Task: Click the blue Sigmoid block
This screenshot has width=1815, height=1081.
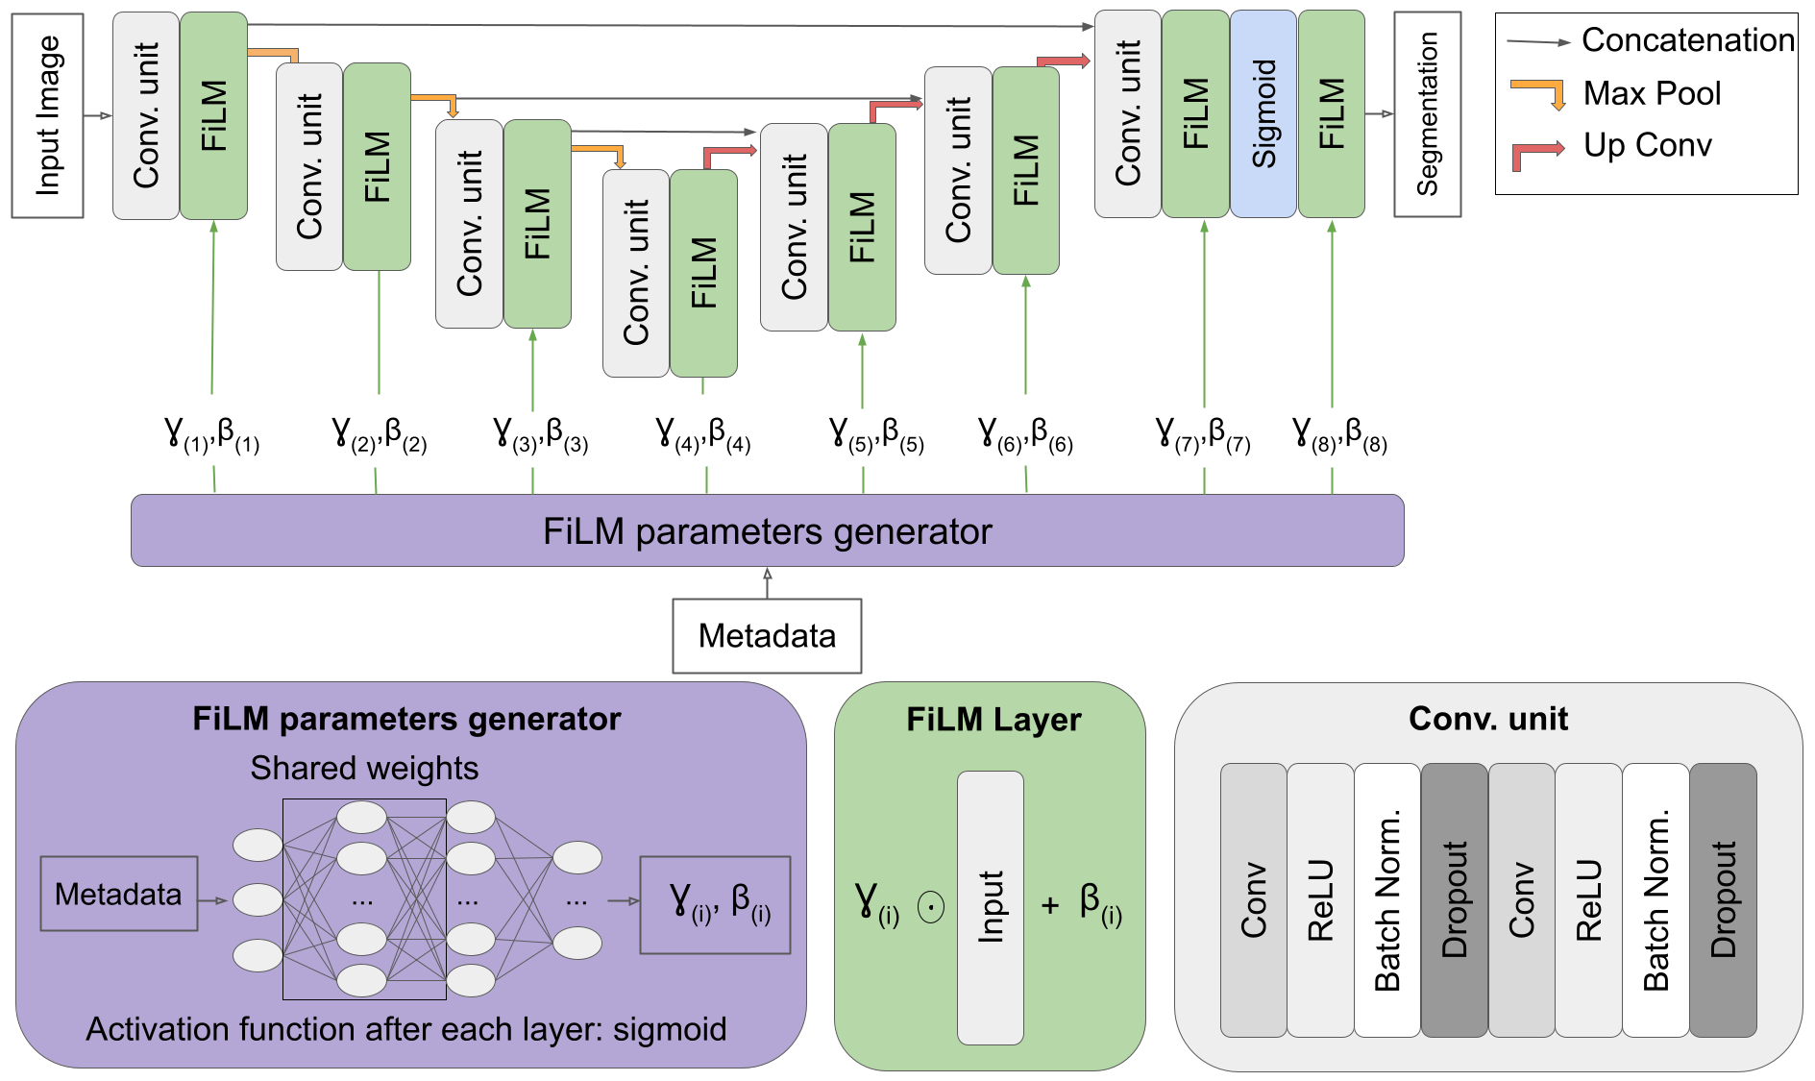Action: tap(1263, 113)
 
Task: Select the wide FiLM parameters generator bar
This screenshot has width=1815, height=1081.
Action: tap(767, 530)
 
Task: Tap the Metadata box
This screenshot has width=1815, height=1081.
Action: tap(118, 894)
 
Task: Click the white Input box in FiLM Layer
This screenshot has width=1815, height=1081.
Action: tap(990, 907)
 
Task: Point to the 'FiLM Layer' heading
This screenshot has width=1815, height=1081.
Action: tap(993, 720)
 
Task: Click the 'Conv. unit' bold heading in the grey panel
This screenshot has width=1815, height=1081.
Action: tap(1487, 719)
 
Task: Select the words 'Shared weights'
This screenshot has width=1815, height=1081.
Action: tap(364, 769)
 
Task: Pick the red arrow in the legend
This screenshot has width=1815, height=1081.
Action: tap(1537, 154)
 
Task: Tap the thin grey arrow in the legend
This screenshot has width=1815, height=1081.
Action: tap(1538, 42)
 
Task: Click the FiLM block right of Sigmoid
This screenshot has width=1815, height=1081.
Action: tap(1331, 113)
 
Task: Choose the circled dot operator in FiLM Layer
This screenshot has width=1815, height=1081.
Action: tap(931, 906)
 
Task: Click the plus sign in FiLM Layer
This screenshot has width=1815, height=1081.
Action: tap(1050, 905)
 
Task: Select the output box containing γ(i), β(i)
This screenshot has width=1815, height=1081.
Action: tap(715, 904)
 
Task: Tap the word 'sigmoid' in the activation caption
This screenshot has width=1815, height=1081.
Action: tap(670, 1029)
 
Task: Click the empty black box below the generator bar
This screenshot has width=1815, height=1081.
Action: tap(767, 636)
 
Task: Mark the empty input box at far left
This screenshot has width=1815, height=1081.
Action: tap(47, 115)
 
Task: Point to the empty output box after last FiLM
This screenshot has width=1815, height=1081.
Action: tap(1427, 114)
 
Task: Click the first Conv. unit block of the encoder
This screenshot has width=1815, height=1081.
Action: tap(146, 115)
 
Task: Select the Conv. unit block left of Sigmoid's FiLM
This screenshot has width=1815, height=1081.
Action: tap(1128, 113)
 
